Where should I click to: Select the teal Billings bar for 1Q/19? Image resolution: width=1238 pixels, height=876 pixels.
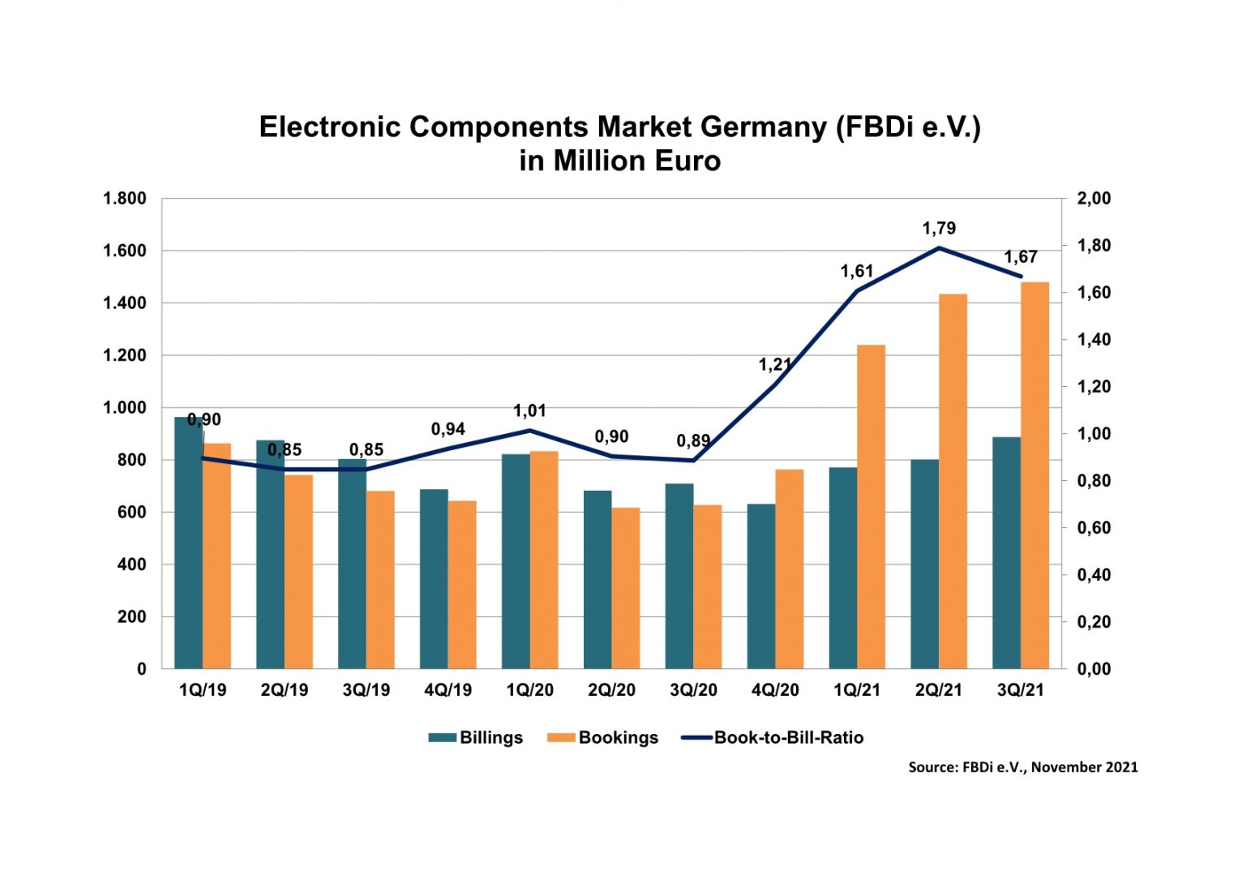[x=188, y=543]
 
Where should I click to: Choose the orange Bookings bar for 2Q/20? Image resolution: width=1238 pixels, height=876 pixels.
[x=626, y=588]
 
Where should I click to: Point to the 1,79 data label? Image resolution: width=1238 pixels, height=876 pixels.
[x=939, y=229]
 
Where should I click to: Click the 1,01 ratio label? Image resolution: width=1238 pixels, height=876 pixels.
[x=529, y=411]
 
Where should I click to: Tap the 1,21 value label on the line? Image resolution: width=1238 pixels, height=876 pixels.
[x=774, y=365]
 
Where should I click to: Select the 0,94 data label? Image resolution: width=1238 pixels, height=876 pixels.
[x=448, y=429]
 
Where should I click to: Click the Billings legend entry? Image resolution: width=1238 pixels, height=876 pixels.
[x=476, y=737]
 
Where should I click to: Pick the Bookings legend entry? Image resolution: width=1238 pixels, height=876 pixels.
[x=603, y=737]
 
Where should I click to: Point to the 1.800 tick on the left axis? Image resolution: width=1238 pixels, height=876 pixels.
[x=124, y=199]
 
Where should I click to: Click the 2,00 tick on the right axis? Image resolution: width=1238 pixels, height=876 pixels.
[x=1094, y=199]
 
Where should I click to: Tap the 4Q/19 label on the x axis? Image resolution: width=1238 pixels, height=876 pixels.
[x=448, y=690]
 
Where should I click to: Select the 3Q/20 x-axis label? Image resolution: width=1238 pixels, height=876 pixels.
[x=693, y=690]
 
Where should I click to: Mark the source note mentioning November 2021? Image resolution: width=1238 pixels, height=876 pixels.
[x=1022, y=766]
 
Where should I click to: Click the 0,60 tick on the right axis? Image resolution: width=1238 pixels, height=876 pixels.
[x=1094, y=528]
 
